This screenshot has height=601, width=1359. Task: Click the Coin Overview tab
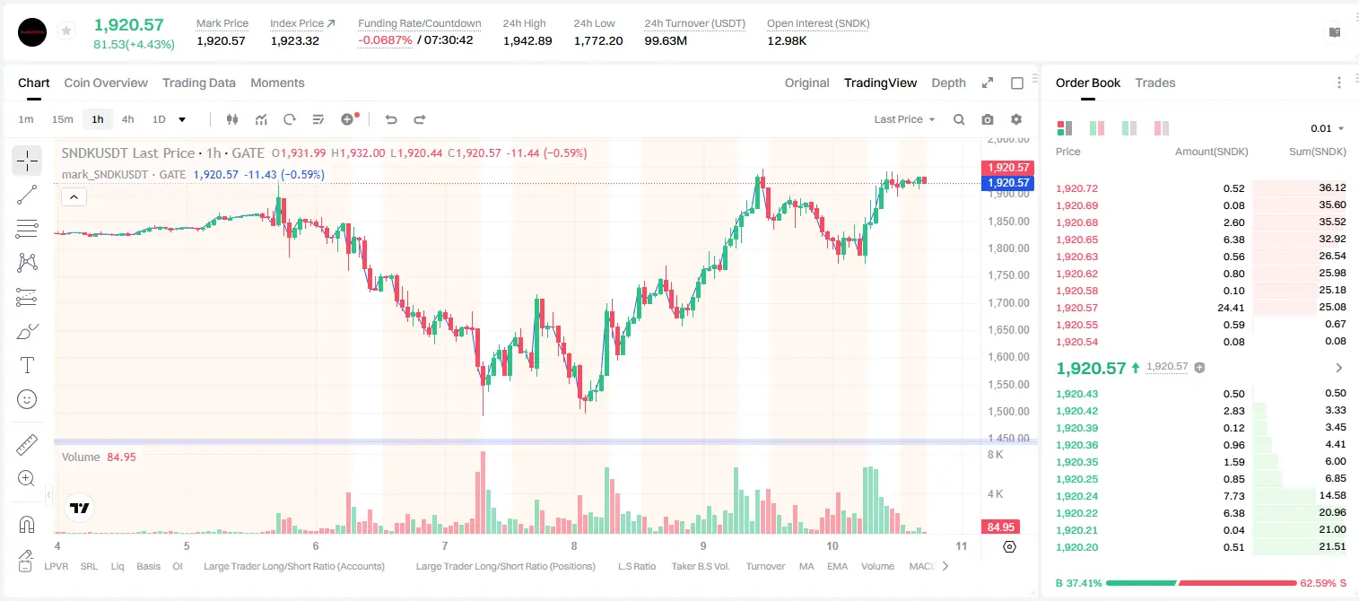pos(106,83)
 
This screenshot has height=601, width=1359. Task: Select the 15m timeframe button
pos(62,119)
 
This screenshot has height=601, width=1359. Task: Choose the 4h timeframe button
pos(127,119)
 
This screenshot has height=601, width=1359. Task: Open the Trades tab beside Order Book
pos(1155,83)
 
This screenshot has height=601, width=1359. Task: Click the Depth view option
pos(948,83)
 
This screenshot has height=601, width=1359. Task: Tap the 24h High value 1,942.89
pos(527,40)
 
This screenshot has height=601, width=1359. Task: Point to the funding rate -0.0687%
pos(385,40)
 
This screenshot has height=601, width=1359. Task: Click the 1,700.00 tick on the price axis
pos(1008,302)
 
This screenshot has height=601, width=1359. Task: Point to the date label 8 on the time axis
pos(574,545)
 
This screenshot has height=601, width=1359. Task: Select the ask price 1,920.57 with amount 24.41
pos(1076,308)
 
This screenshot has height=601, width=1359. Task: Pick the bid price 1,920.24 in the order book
pos(1076,495)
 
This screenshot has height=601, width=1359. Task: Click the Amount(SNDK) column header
pos(1211,152)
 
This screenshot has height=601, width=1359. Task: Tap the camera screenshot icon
pos(988,119)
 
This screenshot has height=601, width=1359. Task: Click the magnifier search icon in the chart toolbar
pos(959,119)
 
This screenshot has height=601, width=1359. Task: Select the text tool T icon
pos(27,365)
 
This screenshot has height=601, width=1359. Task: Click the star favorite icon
pos(66,30)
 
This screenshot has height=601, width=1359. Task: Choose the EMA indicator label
pos(837,566)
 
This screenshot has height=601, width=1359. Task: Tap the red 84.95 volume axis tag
pos(1000,527)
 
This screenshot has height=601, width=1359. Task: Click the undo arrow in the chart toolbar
pos(391,119)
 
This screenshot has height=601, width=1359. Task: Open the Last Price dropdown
pos(904,119)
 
